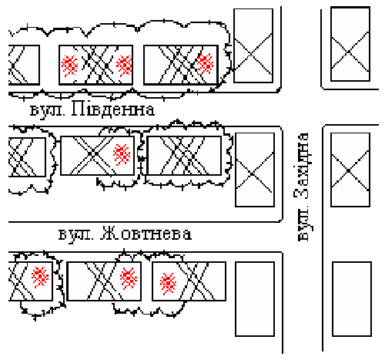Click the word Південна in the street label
point(113,109)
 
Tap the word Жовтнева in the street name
point(146,233)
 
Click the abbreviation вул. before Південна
point(48,110)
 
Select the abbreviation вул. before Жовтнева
point(75,235)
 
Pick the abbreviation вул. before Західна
point(304,224)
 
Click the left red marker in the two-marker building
point(69,66)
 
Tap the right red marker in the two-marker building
point(124,66)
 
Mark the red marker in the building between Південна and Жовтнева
point(122,154)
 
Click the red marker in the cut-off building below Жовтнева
point(40,277)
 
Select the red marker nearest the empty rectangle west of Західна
point(168,284)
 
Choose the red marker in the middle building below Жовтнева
point(129,278)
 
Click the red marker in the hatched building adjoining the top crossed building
point(205,63)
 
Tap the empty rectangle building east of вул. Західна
point(352,299)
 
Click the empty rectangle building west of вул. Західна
point(255,299)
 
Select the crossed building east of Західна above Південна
point(350,44)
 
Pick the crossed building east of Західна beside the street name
point(350,170)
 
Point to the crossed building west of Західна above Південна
point(253,45)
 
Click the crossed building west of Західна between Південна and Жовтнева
point(255,170)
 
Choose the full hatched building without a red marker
point(184,156)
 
